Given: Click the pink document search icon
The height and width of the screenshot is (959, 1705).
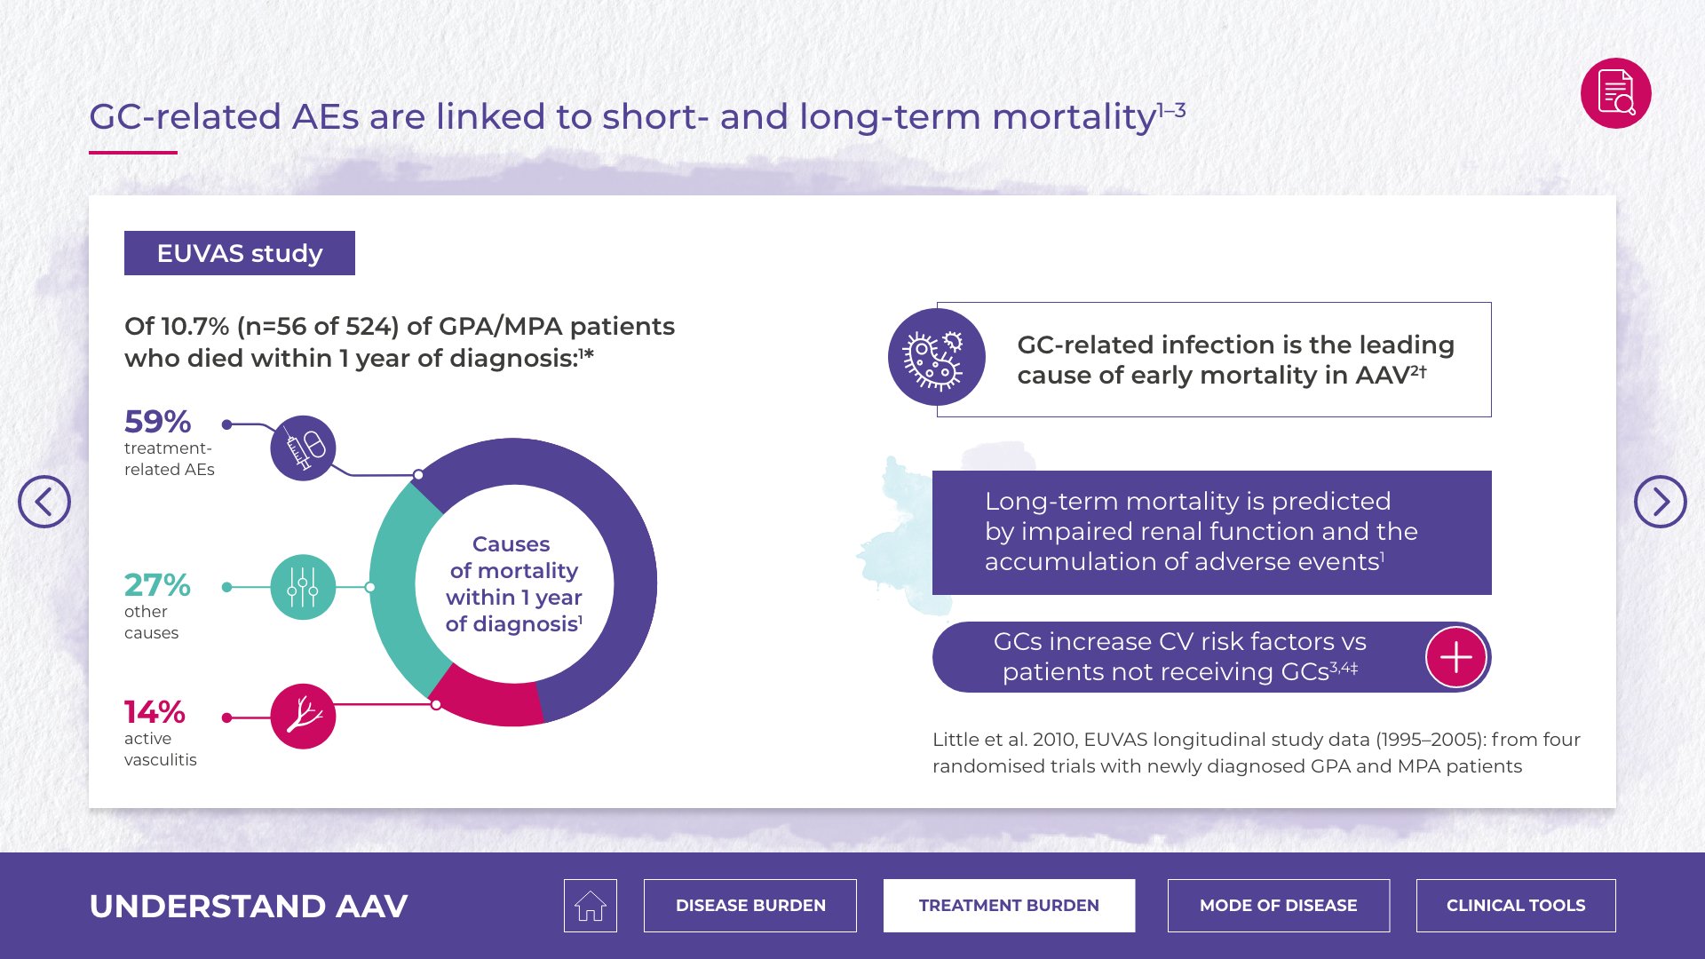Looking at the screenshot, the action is pyautogui.click(x=1615, y=93).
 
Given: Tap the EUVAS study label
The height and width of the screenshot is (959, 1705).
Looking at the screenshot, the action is pyautogui.click(x=240, y=253).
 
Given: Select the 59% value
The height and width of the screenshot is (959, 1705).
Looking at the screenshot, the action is pyautogui.click(x=158, y=421).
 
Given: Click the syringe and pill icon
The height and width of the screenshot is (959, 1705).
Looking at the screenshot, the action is pyautogui.click(x=303, y=448).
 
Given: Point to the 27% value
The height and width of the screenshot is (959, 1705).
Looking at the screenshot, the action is pyautogui.click(x=157, y=584).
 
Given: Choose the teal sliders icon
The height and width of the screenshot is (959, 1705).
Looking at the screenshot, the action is pyautogui.click(x=303, y=587).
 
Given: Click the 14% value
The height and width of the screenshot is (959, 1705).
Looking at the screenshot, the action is pyautogui.click(x=155, y=711).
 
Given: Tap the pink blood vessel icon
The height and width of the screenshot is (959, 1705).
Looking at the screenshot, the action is pyautogui.click(x=303, y=717).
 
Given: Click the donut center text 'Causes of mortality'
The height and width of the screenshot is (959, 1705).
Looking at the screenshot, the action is pyautogui.click(x=513, y=557).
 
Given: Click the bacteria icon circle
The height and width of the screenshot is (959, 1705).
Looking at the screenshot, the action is pyautogui.click(x=937, y=357).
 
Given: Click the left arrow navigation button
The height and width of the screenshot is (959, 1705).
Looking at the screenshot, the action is pyautogui.click(x=44, y=502).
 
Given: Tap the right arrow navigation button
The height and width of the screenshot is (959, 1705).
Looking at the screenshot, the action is pyautogui.click(x=1660, y=502).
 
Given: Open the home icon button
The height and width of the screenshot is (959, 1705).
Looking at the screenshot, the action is pyautogui.click(x=591, y=906).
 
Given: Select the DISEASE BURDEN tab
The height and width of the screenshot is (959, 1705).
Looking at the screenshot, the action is pyautogui.click(x=750, y=906).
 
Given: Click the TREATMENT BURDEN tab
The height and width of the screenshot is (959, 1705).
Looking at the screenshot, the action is pyautogui.click(x=1009, y=906).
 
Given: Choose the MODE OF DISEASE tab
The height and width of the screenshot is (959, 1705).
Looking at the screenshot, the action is pyautogui.click(x=1279, y=906).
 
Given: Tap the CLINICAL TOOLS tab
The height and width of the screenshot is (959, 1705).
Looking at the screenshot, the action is pyautogui.click(x=1516, y=906).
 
